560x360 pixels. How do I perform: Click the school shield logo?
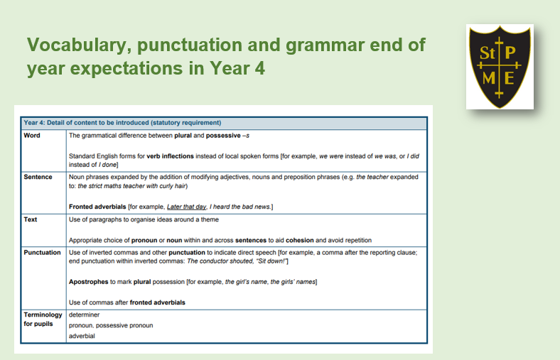pyautogui.click(x=500, y=66)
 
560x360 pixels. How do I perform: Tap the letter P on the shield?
pyautogui.click(x=510, y=53)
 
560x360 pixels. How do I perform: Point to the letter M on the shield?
pyautogui.click(x=488, y=78)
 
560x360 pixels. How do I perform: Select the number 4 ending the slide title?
pyautogui.click(x=259, y=67)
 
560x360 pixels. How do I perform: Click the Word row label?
pyautogui.click(x=32, y=135)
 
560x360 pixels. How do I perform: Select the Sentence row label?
pyautogui.click(x=38, y=177)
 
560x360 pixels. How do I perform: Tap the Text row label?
pyautogui.click(x=31, y=219)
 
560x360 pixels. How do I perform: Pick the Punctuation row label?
pyautogui.click(x=42, y=252)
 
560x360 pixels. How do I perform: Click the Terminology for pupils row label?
pyautogui.click(x=43, y=319)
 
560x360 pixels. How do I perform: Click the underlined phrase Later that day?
pyautogui.click(x=186, y=207)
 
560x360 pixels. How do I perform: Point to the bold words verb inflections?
pyautogui.click(x=170, y=156)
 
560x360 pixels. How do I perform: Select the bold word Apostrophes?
pyautogui.click(x=89, y=282)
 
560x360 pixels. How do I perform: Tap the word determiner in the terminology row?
pyautogui.click(x=85, y=315)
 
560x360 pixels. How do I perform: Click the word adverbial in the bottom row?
pyautogui.click(x=82, y=336)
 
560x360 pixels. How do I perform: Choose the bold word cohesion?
pyautogui.click(x=300, y=240)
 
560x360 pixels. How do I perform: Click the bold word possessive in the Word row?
pyautogui.click(x=223, y=136)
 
